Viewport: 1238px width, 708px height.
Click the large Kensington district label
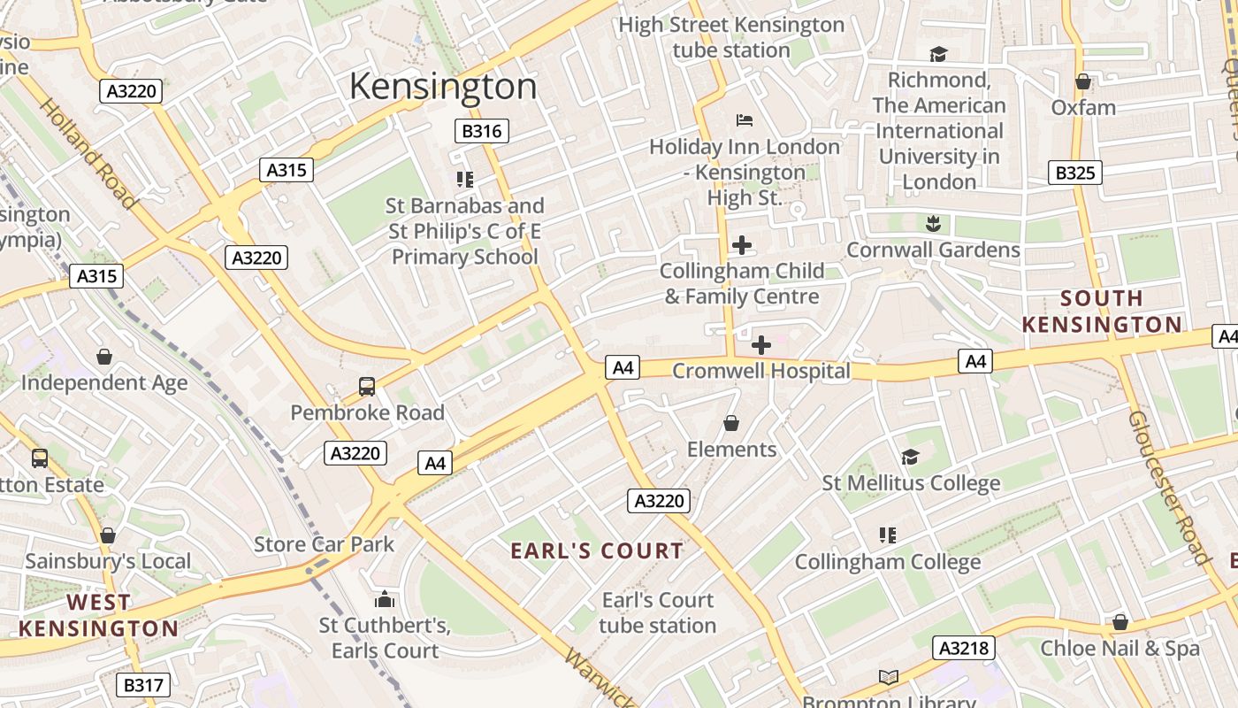pyautogui.click(x=443, y=87)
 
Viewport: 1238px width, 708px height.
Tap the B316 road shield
pyautogui.click(x=482, y=132)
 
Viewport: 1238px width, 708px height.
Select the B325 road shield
pyautogui.click(x=1075, y=173)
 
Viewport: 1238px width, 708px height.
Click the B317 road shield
pyautogui.click(x=142, y=685)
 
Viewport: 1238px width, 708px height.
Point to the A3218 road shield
pyautogui.click(x=963, y=648)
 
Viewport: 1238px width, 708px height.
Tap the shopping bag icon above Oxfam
pyautogui.click(x=1083, y=82)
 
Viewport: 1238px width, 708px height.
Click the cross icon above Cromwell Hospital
pyautogui.click(x=760, y=345)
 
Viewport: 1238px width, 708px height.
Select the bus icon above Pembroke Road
pyautogui.click(x=366, y=387)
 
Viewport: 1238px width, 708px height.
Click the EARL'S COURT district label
pyautogui.click(x=598, y=550)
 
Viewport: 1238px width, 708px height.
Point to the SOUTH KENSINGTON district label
pyautogui.click(x=1102, y=312)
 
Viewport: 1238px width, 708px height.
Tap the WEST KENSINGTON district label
pyautogui.click(x=99, y=616)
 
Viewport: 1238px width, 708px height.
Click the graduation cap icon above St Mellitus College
pyautogui.click(x=910, y=457)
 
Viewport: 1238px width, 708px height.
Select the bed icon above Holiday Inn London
pyautogui.click(x=744, y=120)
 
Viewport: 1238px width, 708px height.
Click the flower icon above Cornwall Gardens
pyautogui.click(x=933, y=223)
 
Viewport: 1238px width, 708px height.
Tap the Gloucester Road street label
pyautogui.click(x=1167, y=487)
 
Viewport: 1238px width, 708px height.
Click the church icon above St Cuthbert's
pyautogui.click(x=384, y=600)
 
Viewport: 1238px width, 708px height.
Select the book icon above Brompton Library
pyautogui.click(x=889, y=678)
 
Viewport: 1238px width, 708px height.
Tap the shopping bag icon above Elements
pyautogui.click(x=731, y=424)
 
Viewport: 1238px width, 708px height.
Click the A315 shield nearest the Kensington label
pyautogui.click(x=287, y=170)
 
